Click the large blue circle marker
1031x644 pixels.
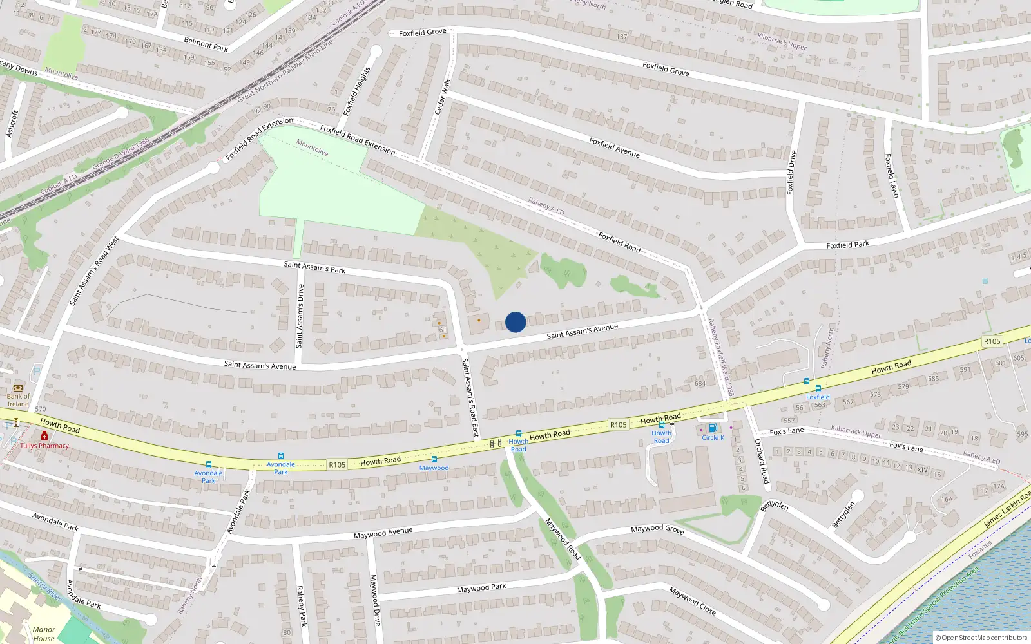pyautogui.click(x=515, y=322)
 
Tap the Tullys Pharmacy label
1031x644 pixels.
pyautogui.click(x=44, y=446)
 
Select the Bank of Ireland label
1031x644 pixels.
pyautogui.click(x=18, y=400)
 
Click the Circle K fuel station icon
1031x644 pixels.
pyautogui.click(x=713, y=428)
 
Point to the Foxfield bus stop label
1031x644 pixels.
pyautogui.click(x=818, y=397)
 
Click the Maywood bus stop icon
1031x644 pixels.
pyautogui.click(x=434, y=459)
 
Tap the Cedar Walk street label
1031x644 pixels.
pyautogui.click(x=443, y=97)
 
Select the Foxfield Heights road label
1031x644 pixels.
pyautogui.click(x=357, y=91)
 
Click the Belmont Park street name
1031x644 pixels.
pyautogui.click(x=206, y=44)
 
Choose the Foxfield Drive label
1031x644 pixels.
pyautogui.click(x=791, y=173)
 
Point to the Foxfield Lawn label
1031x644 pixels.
pyautogui.click(x=891, y=175)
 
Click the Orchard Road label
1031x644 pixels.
pyautogui.click(x=762, y=461)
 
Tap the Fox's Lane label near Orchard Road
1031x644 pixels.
pyautogui.click(x=787, y=431)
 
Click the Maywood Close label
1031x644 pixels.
pyautogui.click(x=692, y=600)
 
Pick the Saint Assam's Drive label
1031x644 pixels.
pyautogui.click(x=300, y=316)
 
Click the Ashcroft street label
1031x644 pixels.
pyautogui.click(x=12, y=124)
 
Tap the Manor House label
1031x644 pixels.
pyautogui.click(x=44, y=634)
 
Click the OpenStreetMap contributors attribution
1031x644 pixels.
pyautogui.click(x=981, y=638)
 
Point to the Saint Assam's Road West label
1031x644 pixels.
pyautogui.click(x=94, y=270)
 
